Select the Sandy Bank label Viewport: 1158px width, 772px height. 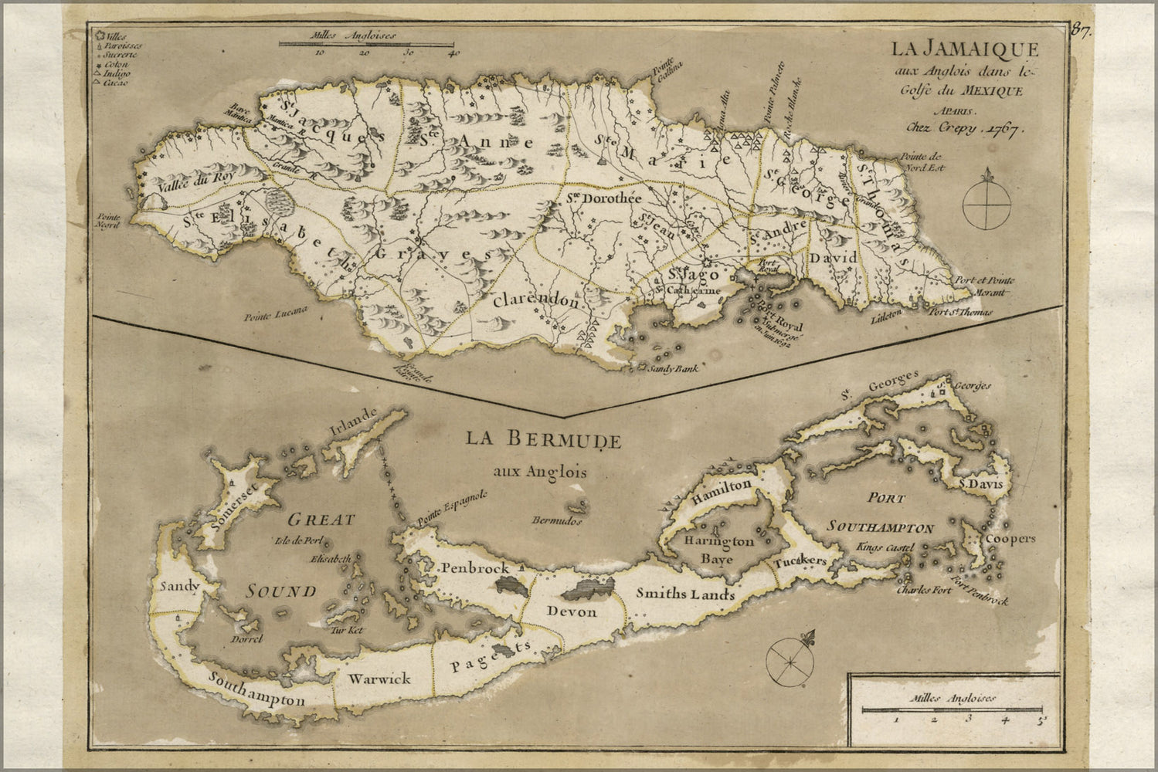[x=674, y=369]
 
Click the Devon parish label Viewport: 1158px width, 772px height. [x=571, y=612]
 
